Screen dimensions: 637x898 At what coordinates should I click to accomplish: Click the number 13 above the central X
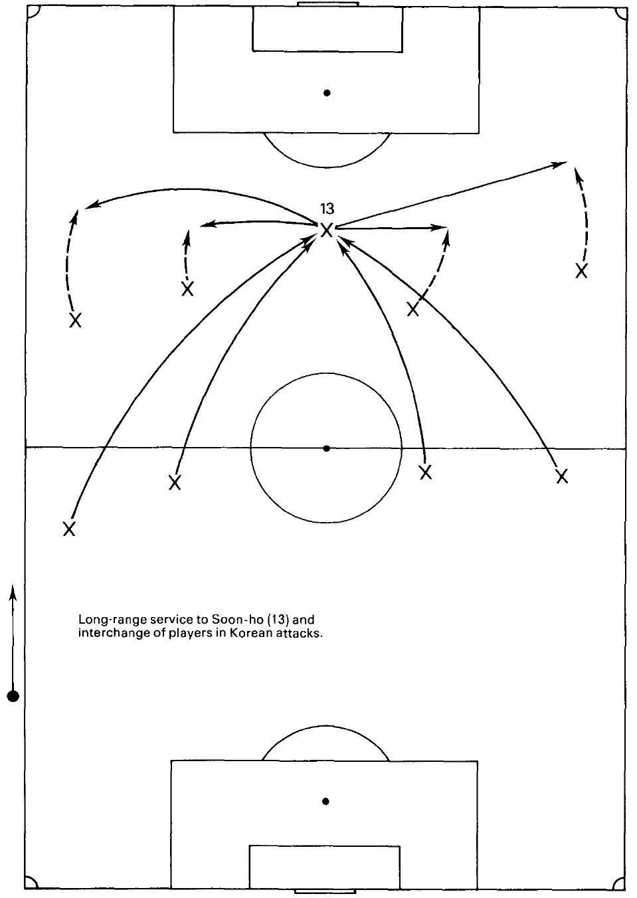(327, 209)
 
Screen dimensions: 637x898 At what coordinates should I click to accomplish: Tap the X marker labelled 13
(326, 230)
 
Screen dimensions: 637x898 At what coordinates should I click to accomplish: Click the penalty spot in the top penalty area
(327, 93)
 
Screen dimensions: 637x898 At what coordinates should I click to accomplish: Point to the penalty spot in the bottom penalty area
(325, 801)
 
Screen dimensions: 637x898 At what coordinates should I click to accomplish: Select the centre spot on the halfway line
(326, 448)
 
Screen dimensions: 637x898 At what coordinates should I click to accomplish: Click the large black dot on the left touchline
(13, 696)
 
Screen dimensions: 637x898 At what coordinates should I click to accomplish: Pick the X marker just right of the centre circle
(426, 472)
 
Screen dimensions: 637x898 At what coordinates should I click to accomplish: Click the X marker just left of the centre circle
(175, 482)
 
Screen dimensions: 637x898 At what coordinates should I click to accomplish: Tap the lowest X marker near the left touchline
(69, 529)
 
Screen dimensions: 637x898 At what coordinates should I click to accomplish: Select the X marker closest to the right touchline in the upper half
(581, 271)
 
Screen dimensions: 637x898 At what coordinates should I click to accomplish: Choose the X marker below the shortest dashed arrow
(188, 288)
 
